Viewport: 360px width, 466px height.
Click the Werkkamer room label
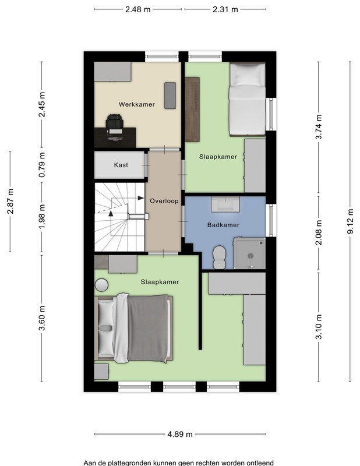point(137,105)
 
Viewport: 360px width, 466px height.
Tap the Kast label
point(121,165)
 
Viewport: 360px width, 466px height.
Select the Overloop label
point(164,201)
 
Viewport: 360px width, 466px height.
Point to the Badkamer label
point(223,225)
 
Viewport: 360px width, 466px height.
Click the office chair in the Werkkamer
point(114,124)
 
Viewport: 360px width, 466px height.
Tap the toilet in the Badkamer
point(220,257)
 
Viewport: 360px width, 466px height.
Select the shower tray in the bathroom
point(249,253)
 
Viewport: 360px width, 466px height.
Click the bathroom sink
point(225,204)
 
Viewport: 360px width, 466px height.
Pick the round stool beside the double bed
point(101,285)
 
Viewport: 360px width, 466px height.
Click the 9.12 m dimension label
point(351,221)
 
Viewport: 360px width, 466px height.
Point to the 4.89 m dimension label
point(180,434)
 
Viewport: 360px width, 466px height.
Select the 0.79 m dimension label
point(42,165)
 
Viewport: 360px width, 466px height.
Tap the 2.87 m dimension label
point(10,201)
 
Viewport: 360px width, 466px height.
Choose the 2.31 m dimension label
point(225,9)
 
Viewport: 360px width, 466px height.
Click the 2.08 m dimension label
point(319,232)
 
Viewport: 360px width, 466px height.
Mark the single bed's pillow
point(248,75)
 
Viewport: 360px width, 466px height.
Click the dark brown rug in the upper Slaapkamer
point(192,110)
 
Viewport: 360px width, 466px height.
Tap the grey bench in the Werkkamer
point(170,96)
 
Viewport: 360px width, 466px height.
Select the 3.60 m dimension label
point(42,318)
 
